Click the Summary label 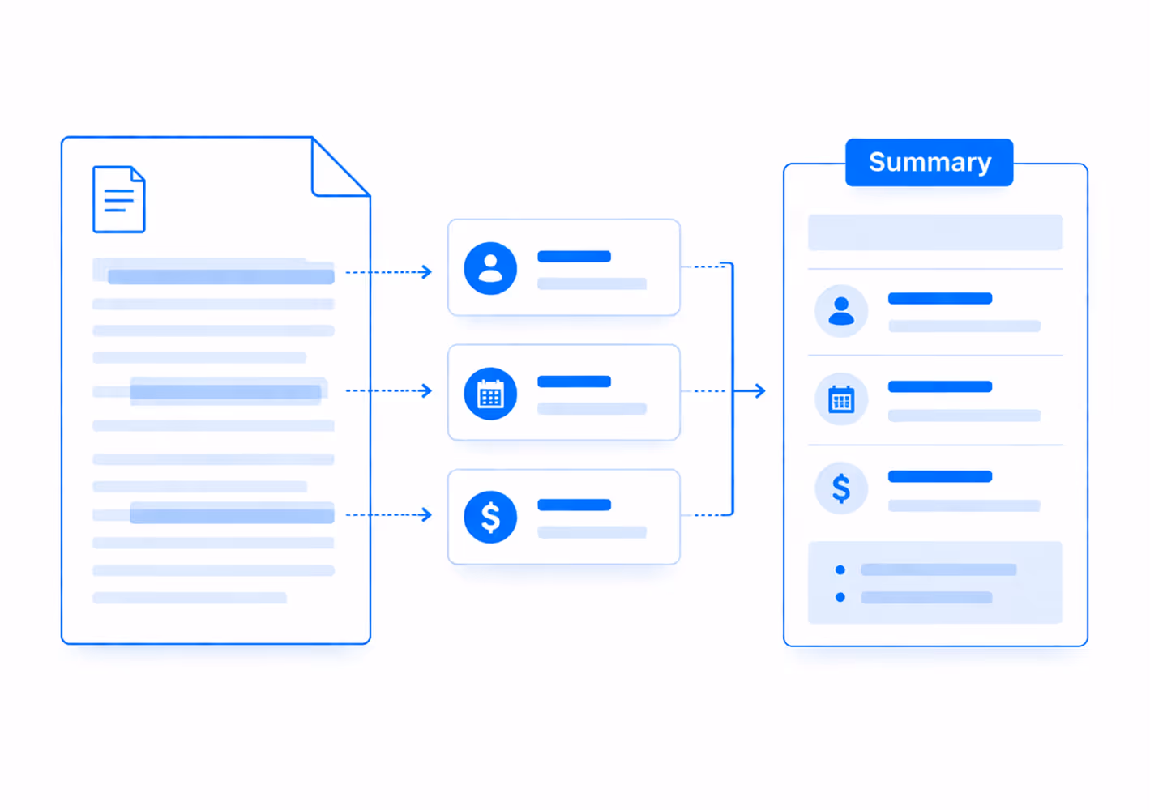click(930, 162)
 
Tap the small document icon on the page click(118, 199)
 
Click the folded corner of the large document click(340, 167)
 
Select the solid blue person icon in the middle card click(490, 268)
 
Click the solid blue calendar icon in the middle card click(490, 394)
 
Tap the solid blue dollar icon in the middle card click(490, 517)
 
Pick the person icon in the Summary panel click(841, 311)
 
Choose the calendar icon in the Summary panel click(841, 399)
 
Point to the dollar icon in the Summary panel click(841, 488)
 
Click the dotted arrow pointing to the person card click(389, 272)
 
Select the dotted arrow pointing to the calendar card click(389, 391)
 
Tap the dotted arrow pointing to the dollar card click(389, 514)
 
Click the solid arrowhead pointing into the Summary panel click(760, 391)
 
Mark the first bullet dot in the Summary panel click(840, 570)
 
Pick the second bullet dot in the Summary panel click(840, 597)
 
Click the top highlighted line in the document click(220, 276)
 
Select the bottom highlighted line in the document click(232, 514)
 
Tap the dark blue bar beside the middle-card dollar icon click(574, 505)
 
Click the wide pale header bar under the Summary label click(935, 232)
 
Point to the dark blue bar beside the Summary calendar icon click(940, 387)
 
